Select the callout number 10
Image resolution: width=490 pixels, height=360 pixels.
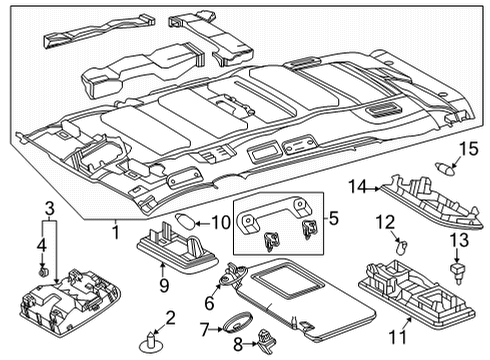point(220,223)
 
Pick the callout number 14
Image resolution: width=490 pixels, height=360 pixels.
point(358,184)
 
